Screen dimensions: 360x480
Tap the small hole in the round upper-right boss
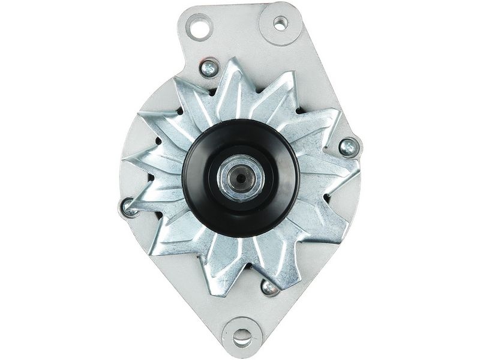point(280,23)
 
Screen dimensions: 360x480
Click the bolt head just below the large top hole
point(209,69)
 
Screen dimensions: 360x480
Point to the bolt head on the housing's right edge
point(348,146)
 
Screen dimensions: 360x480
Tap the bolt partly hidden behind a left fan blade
point(130,208)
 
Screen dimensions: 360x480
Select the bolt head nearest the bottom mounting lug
point(270,287)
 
